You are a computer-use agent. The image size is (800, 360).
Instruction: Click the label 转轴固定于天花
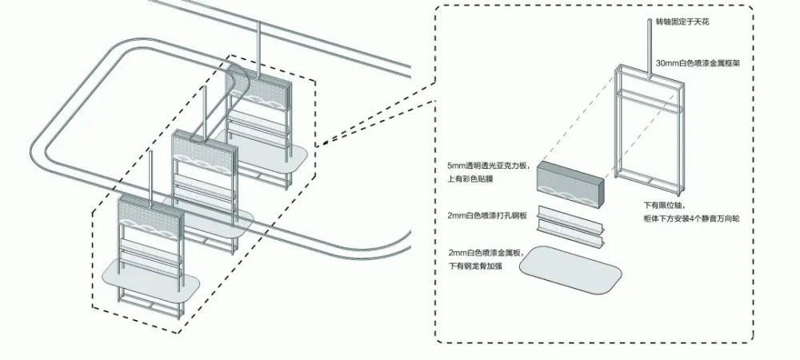(682, 22)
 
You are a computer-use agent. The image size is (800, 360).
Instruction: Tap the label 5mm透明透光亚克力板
(490, 166)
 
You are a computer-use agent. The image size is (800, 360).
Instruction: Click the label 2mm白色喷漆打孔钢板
(487, 216)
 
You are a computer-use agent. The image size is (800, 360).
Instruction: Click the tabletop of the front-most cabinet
(152, 276)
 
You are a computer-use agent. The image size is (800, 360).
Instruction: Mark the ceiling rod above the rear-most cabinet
(258, 44)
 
